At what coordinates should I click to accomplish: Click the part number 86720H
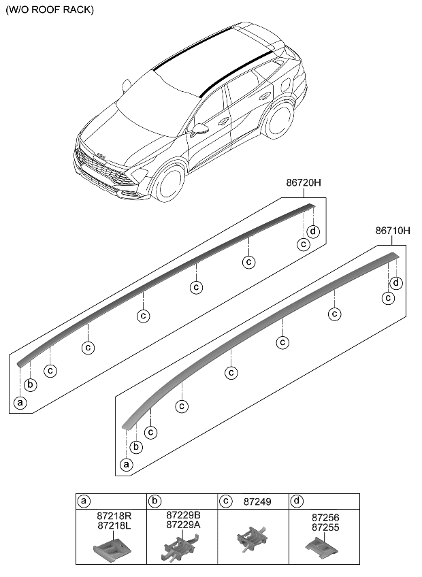tap(304, 184)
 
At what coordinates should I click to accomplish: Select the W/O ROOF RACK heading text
tap(50, 10)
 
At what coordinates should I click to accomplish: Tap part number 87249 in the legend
tap(256, 501)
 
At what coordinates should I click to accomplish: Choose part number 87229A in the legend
tap(183, 526)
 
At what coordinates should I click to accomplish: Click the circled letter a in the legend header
tap(84, 501)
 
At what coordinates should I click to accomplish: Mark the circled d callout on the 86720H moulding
tap(312, 231)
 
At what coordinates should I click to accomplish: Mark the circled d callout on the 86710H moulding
tap(396, 282)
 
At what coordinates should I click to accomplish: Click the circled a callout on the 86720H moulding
tap(20, 403)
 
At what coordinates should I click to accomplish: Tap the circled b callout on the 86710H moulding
tap(136, 446)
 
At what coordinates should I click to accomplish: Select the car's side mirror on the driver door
tap(201, 128)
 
